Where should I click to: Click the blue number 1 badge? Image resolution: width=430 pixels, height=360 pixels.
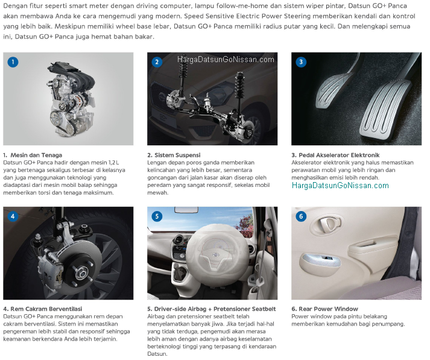click(x=13, y=62)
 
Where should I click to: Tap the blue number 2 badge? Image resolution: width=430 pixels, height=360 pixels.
click(x=157, y=62)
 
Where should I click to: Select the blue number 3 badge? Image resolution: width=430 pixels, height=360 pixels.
click(x=301, y=62)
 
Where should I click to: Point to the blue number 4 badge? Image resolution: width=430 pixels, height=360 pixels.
click(x=13, y=216)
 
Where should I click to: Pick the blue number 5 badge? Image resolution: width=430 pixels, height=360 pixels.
click(x=157, y=216)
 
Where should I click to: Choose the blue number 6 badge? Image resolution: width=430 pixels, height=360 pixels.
click(x=301, y=216)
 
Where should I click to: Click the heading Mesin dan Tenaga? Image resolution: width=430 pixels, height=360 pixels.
click(x=36, y=155)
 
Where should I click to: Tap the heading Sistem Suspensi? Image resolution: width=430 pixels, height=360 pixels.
click(x=177, y=155)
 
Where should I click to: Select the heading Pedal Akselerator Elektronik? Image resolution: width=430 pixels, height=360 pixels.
click(x=339, y=155)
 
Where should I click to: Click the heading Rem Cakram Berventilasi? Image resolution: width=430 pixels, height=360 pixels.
click(x=46, y=309)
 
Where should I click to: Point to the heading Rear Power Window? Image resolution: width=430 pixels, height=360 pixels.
click(x=328, y=309)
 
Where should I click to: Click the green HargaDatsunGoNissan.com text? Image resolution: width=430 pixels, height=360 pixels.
click(x=340, y=186)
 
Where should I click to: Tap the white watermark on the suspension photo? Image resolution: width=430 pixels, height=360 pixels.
click(x=226, y=60)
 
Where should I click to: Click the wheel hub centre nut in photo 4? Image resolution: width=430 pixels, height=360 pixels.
click(x=81, y=273)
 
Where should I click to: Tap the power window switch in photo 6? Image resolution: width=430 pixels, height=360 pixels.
click(x=327, y=258)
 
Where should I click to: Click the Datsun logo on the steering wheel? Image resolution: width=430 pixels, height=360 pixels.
click(x=217, y=255)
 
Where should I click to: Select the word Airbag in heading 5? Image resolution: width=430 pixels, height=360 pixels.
click(x=196, y=309)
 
